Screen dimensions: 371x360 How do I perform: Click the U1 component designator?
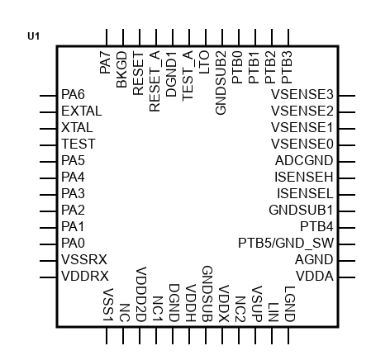[34, 36]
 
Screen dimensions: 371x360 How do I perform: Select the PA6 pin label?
[73, 94]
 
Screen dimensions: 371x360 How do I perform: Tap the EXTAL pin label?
[82, 111]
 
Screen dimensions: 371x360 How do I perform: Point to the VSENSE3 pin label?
[302, 94]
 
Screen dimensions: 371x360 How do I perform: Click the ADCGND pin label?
[304, 160]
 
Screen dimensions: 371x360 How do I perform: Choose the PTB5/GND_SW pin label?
[286, 243]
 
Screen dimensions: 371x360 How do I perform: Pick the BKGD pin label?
[121, 69]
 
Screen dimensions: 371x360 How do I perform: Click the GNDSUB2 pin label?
[221, 83]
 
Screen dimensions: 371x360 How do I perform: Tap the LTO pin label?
[204, 62]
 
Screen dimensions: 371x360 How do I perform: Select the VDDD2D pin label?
[140, 294]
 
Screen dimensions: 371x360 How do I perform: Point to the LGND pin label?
[289, 304]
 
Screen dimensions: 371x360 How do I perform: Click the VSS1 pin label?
[108, 305]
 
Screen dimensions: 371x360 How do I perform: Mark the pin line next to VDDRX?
[48, 277]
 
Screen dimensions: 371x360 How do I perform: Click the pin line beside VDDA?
[347, 277]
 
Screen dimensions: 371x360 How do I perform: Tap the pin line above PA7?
[107, 37]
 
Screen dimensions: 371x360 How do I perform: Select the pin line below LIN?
[272, 335]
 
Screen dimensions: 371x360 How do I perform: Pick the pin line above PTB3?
[288, 37]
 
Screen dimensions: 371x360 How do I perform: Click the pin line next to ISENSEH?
[347, 178]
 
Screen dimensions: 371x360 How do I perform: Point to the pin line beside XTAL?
[48, 129]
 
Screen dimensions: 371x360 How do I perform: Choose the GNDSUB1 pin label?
[301, 210]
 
